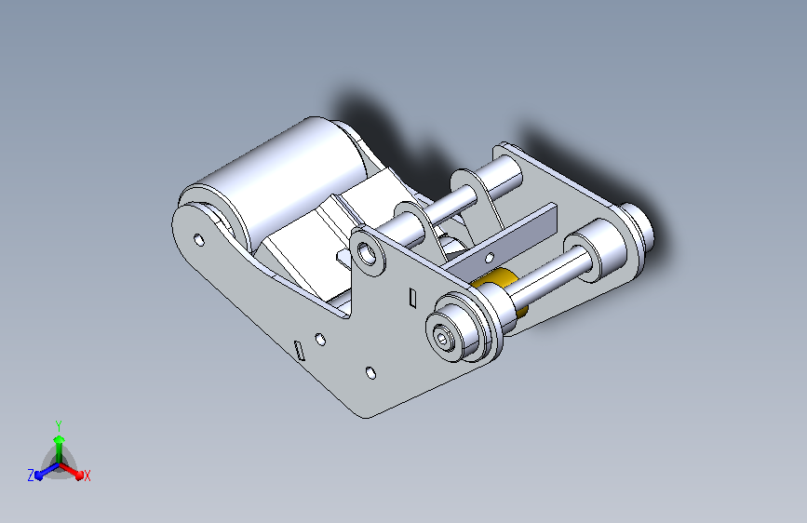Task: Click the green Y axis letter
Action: tap(59, 425)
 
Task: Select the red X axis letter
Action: tap(87, 476)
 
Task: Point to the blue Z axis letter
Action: tap(31, 476)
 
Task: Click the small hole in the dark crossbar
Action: tap(490, 257)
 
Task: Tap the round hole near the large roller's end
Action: tap(198, 239)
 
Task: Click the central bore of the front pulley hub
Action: tap(443, 338)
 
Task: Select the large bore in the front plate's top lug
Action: tap(368, 253)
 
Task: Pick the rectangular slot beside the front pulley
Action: tap(412, 298)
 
